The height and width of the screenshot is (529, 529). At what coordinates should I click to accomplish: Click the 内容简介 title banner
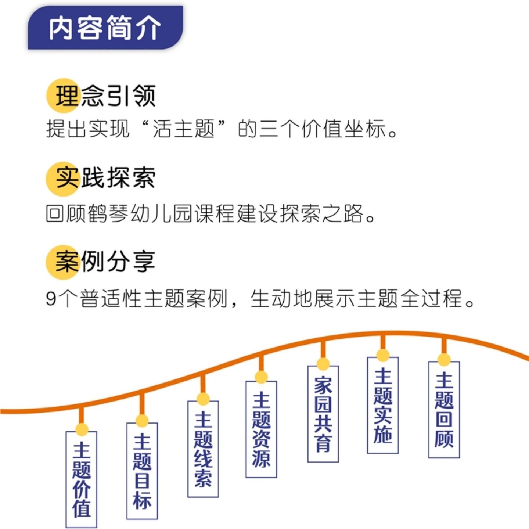coord(105,28)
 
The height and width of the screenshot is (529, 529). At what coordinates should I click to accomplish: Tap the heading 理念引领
coord(101,96)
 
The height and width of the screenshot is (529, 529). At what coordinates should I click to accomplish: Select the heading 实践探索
coord(101,179)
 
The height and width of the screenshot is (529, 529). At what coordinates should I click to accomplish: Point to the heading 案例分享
coord(101,262)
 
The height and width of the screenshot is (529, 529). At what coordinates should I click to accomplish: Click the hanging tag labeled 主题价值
coord(81,479)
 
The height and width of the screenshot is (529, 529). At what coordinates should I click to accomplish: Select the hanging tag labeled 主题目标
coord(142,471)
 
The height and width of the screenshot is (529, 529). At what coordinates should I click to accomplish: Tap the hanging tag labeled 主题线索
coord(203,449)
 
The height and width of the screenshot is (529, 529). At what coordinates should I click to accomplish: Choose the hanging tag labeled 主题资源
coord(261,429)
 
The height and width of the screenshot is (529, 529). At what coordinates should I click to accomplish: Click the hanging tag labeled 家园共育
coord(323,414)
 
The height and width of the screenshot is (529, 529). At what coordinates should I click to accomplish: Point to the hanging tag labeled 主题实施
coord(383,405)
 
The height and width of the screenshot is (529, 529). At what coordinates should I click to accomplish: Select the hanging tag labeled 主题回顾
coord(444,410)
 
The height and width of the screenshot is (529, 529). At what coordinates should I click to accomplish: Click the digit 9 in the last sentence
coord(51,299)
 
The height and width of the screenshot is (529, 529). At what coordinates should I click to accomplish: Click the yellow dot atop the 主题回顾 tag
coord(444,360)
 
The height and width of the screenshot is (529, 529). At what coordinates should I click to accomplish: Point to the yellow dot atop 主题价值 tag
coord(82,429)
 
